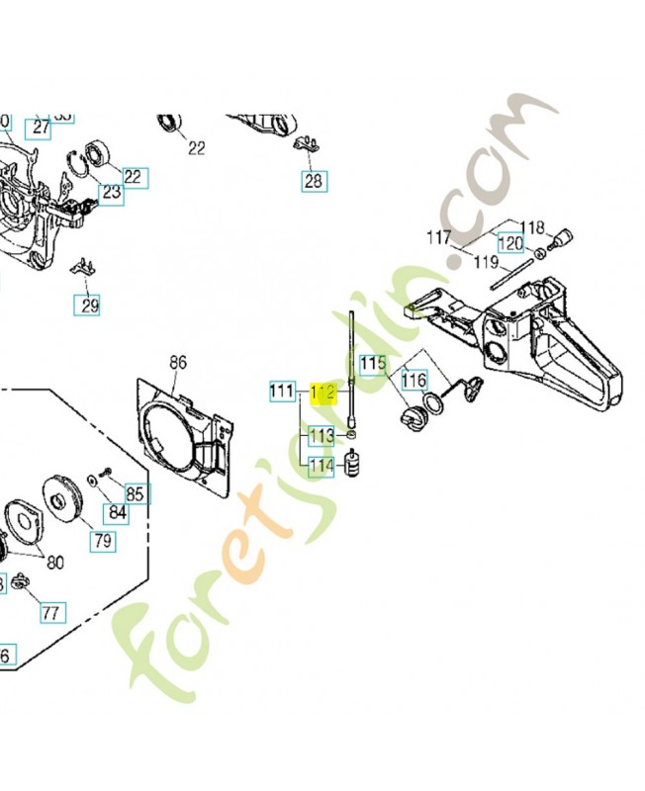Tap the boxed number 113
click(322, 435)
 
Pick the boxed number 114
click(322, 467)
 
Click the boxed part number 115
click(372, 364)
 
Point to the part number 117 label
click(439, 237)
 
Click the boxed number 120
click(510, 244)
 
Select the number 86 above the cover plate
click(178, 363)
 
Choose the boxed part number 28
click(314, 181)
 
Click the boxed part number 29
click(89, 306)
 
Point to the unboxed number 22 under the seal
click(196, 148)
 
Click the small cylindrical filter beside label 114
click(351, 463)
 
